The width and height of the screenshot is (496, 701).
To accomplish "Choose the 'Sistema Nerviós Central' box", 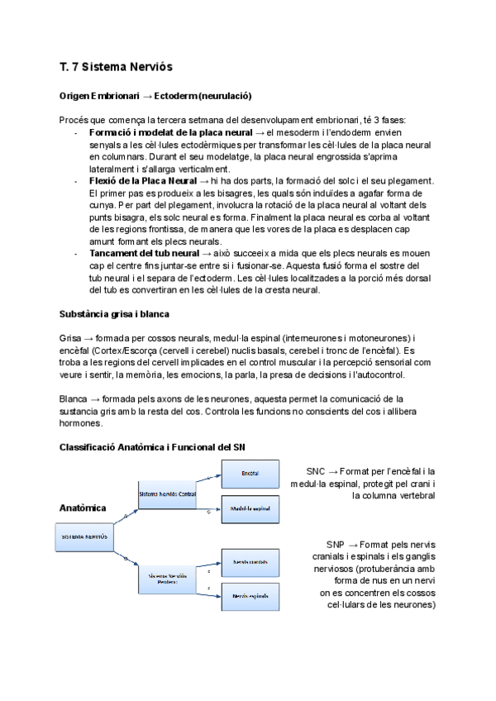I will tap(167, 494).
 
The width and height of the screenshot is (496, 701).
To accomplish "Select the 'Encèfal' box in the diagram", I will tap(250, 473).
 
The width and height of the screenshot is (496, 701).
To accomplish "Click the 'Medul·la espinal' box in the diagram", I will tap(250, 509).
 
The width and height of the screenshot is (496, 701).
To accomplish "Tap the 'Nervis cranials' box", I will tap(250, 561).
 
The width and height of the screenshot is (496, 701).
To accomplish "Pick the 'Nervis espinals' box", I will tap(250, 595).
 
